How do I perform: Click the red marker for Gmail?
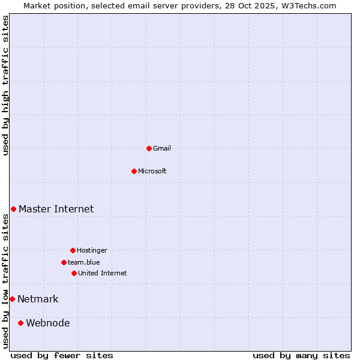coord(149,148)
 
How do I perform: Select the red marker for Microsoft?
coord(134,171)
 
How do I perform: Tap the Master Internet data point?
coord(13,209)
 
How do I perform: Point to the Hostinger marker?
coord(73,250)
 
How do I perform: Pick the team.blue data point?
coord(64,262)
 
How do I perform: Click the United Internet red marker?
coord(74,273)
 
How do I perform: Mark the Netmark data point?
coord(12,299)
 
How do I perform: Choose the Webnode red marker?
coord(20,323)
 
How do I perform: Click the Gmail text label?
coord(162,148)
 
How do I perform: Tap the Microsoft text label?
coord(152,171)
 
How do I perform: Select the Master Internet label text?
coord(56,209)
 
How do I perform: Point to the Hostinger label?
coord(92,250)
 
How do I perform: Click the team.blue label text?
coord(84,262)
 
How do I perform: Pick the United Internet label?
coord(103,273)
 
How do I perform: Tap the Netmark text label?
coord(38,299)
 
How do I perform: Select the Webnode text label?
coord(47,323)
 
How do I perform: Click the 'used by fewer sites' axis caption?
coord(62,355)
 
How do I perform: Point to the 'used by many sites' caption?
coord(301,355)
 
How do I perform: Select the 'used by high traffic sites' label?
coord(5,86)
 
